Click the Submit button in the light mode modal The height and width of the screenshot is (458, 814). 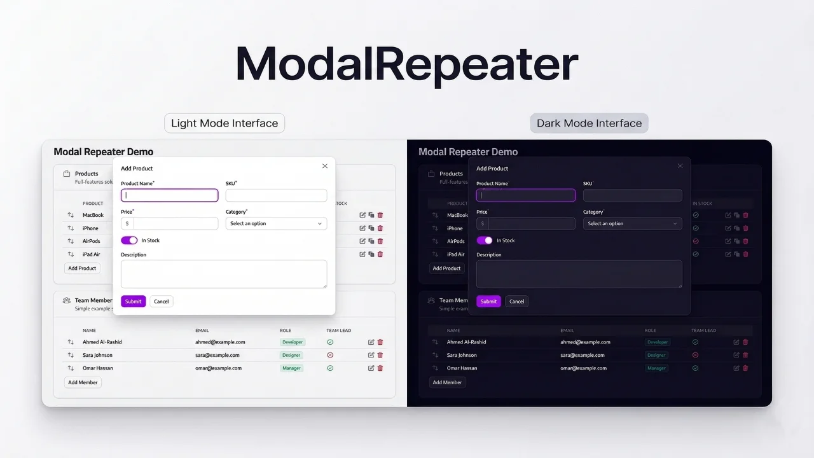pyautogui.click(x=133, y=302)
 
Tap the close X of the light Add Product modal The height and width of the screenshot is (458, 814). pyautogui.click(x=325, y=166)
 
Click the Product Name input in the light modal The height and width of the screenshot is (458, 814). pyautogui.click(x=170, y=195)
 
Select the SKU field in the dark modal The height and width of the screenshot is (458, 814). pyautogui.click(x=632, y=195)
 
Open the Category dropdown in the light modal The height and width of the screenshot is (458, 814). pyautogui.click(x=276, y=223)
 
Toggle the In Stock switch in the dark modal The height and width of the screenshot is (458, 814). pyautogui.click(x=485, y=240)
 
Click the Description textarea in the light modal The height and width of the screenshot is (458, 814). pyautogui.click(x=224, y=274)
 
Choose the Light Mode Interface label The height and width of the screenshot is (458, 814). pyautogui.click(x=224, y=123)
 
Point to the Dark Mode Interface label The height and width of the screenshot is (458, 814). pyautogui.click(x=589, y=123)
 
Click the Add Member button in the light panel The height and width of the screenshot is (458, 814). pyautogui.click(x=83, y=382)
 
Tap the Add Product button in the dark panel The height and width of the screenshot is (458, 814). pyautogui.click(x=446, y=268)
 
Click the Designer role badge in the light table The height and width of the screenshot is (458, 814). pyautogui.click(x=291, y=355)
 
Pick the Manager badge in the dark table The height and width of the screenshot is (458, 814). pyautogui.click(x=656, y=368)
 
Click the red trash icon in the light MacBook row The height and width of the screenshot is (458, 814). pyautogui.click(x=380, y=215)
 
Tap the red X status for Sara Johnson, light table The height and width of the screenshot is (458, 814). pyautogui.click(x=330, y=355)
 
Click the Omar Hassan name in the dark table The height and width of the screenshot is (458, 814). pyautogui.click(x=462, y=368)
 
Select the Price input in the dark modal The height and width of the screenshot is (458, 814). pyautogui.click(x=532, y=223)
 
